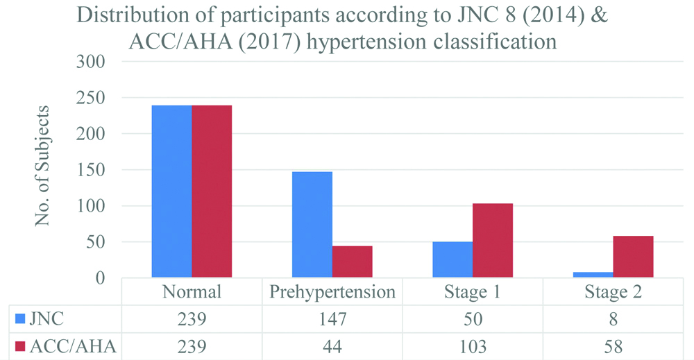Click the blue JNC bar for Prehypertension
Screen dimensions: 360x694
click(x=312, y=225)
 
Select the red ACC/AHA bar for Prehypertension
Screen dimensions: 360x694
click(x=352, y=262)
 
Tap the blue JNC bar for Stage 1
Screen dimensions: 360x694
click(x=452, y=259)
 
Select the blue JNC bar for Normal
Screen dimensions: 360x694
click(x=171, y=191)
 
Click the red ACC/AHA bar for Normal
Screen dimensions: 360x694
click(x=212, y=191)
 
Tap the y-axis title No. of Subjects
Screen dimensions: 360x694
click(x=43, y=166)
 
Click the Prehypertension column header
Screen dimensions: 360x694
click(x=332, y=292)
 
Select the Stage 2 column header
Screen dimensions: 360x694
click(x=613, y=292)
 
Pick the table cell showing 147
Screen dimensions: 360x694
click(x=332, y=320)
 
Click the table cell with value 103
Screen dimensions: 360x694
click(x=472, y=346)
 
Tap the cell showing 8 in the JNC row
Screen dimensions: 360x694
click(x=613, y=320)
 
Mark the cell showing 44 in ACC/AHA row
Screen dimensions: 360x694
click(x=332, y=346)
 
